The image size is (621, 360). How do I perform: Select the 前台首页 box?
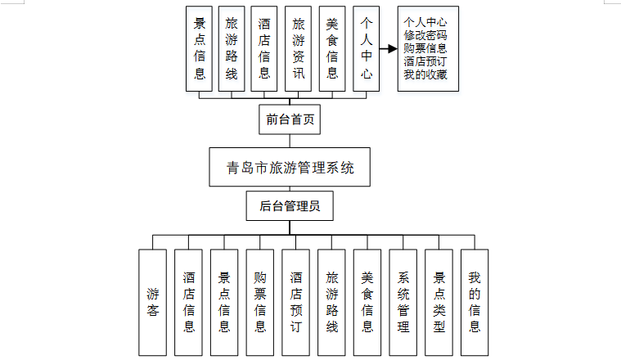289,120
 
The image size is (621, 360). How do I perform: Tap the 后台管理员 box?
290,206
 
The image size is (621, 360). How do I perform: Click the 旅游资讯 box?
299,48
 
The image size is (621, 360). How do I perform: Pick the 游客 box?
153,302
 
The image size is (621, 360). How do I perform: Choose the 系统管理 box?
403,302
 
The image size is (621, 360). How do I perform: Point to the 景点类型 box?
439,302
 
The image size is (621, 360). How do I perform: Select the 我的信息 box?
475,302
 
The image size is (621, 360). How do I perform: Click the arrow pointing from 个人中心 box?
387,48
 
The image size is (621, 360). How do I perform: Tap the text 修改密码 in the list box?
425,35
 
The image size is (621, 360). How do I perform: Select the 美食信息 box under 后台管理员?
367,302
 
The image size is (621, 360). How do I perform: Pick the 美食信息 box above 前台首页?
331,48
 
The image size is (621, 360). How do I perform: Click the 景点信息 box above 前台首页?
199,48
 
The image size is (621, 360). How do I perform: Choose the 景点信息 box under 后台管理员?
224,302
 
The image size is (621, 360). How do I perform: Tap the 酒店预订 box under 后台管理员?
296,302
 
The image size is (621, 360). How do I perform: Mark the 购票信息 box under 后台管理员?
260,302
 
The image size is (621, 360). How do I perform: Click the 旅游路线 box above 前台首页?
232,48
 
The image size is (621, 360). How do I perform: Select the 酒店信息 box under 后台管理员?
189,302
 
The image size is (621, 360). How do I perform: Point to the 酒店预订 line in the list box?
425,61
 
